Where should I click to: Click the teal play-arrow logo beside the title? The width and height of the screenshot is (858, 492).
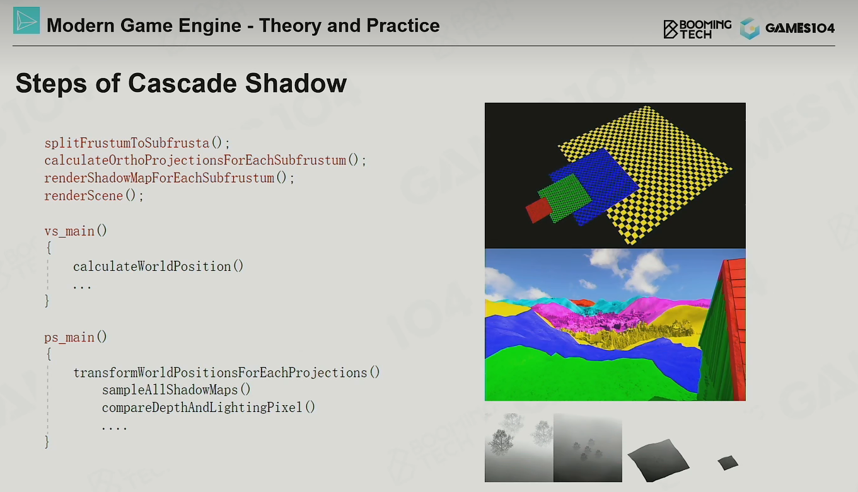(x=26, y=20)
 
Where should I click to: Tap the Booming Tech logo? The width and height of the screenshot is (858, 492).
(x=697, y=29)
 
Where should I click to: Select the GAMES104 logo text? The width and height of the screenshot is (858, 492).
(x=800, y=28)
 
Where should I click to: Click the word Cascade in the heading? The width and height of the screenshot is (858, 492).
(x=182, y=83)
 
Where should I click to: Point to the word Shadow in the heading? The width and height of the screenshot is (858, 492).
(x=296, y=83)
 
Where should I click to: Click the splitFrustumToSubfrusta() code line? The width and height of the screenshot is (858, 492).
(x=137, y=143)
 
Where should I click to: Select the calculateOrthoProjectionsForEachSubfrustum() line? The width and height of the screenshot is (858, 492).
(x=206, y=161)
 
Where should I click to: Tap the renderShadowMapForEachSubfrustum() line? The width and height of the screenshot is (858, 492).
(x=170, y=178)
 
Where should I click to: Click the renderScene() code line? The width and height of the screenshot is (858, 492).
(x=94, y=196)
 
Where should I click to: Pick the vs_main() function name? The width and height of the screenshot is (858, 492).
(x=76, y=231)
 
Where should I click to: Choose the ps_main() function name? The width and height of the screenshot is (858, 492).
(x=76, y=337)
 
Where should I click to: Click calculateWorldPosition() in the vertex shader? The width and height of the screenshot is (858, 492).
(x=158, y=266)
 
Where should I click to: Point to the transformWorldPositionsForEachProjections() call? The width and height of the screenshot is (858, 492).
(x=226, y=372)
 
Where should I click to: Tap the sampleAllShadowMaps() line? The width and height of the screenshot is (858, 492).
(x=176, y=390)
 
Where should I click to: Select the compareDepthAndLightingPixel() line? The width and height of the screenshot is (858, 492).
(x=209, y=408)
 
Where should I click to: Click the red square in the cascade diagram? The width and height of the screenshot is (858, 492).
(x=539, y=210)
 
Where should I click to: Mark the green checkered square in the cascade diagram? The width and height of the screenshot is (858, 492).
(x=565, y=198)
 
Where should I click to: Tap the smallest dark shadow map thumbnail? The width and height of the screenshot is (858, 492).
(x=728, y=463)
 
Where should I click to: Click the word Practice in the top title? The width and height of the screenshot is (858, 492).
(x=403, y=26)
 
